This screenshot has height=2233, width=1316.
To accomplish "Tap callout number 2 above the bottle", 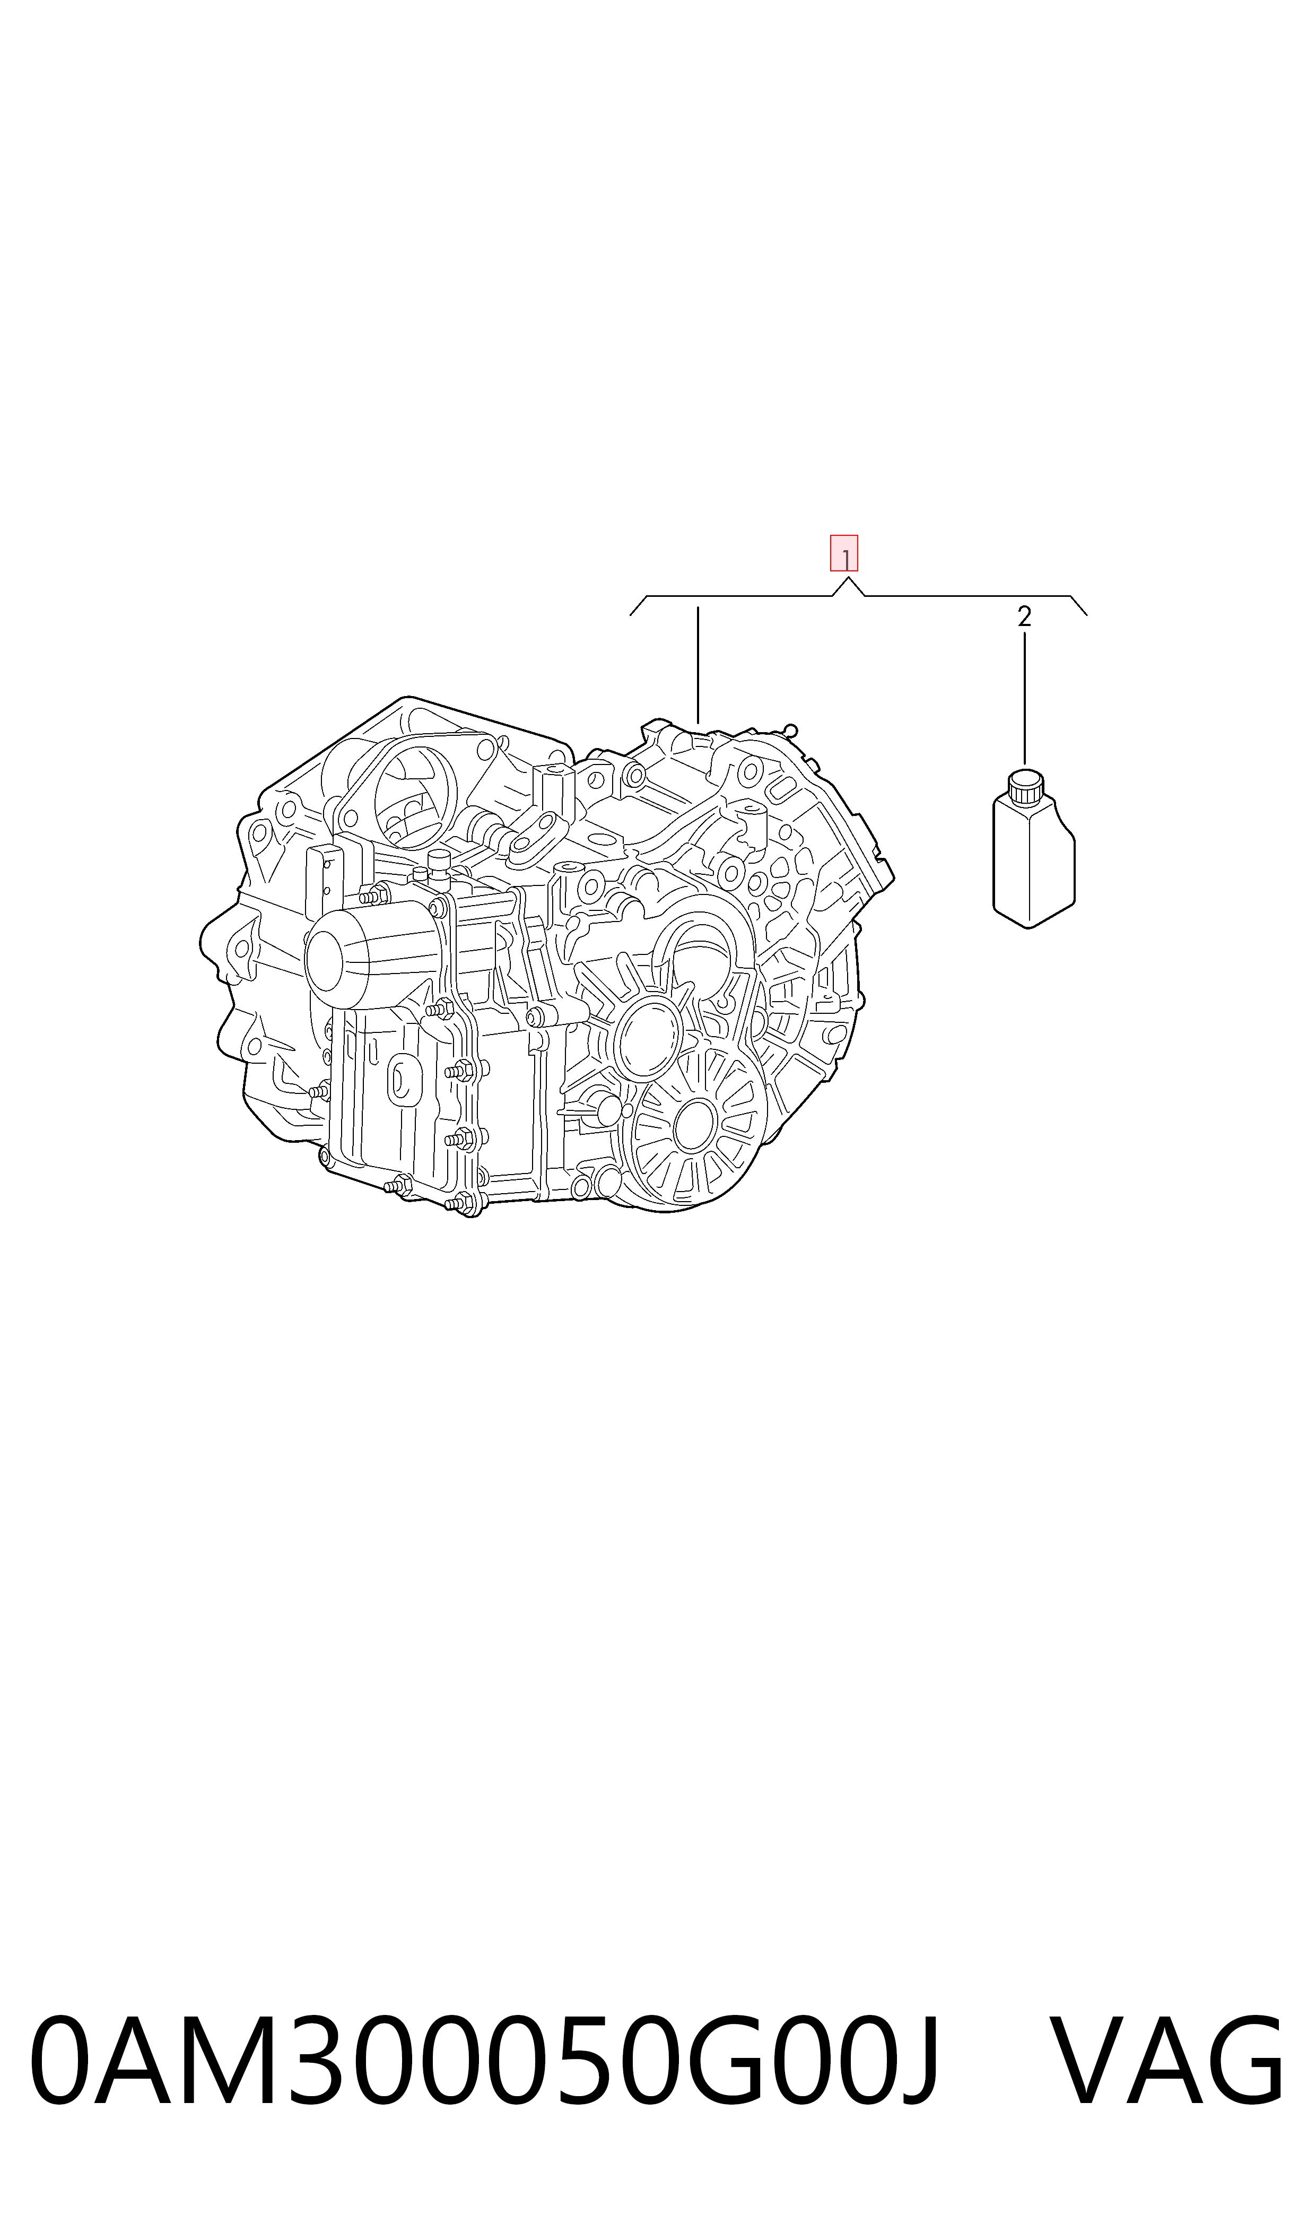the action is point(1024,617).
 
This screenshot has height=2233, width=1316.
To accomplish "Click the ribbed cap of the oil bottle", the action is point(1025,786).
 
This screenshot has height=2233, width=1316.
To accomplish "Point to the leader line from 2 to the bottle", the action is point(1024,699).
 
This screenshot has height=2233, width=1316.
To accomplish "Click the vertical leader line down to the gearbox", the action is point(698,665).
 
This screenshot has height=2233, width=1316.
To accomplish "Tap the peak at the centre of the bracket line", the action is point(848,578).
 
